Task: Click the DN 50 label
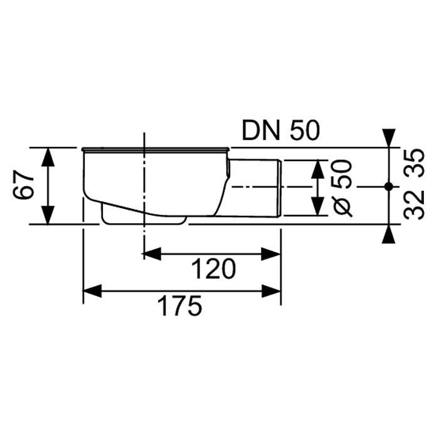pyautogui.click(x=280, y=131)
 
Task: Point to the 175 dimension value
pyautogui.click(x=179, y=306)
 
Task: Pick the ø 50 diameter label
pyautogui.click(x=342, y=188)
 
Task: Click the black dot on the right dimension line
pyautogui.click(x=389, y=186)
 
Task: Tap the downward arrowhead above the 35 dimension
pyautogui.click(x=389, y=138)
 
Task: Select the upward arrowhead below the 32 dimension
pyautogui.click(x=389, y=234)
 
